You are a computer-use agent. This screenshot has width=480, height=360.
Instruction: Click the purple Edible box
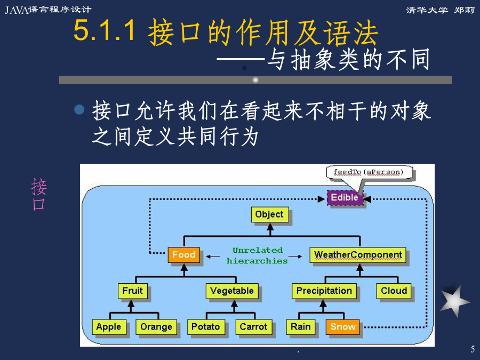coord(345,197)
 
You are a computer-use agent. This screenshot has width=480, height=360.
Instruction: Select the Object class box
coord(270,214)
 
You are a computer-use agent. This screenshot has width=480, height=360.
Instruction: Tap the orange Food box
coord(183,255)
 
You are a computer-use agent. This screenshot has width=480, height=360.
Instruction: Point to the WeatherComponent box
coord(358,255)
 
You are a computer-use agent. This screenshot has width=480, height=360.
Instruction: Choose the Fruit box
coord(133,291)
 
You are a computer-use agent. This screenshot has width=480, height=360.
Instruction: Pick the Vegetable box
coord(232,291)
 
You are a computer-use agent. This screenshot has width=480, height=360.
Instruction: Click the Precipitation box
coord(324,291)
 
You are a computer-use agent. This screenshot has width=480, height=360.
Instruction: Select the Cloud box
coord(394,291)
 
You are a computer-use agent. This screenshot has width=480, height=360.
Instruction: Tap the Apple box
coord(109,327)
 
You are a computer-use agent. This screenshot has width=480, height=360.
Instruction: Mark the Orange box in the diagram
coord(156,327)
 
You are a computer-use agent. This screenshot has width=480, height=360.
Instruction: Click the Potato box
coord(206,327)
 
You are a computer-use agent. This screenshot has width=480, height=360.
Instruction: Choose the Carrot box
coord(253,327)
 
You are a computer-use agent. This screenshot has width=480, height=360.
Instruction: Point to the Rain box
coord(301,327)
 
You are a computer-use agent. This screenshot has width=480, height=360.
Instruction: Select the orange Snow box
coord(343,327)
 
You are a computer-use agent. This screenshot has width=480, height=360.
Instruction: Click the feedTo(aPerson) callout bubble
coord(369,172)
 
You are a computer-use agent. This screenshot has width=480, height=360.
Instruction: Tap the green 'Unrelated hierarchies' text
coord(257,255)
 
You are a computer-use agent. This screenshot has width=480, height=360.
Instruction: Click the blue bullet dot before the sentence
coord(79,109)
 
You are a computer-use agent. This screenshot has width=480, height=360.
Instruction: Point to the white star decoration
coord(454,301)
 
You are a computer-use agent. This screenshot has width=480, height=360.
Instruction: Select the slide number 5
coord(473,349)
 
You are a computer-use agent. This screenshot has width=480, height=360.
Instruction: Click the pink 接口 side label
coord(39,194)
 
